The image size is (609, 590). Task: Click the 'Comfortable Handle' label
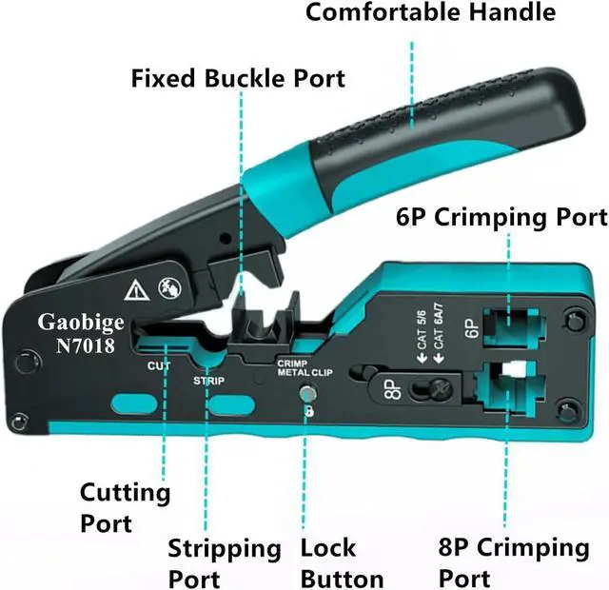coord(430,13)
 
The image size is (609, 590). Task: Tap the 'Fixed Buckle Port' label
coord(238,77)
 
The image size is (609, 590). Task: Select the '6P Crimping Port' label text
coord(501,218)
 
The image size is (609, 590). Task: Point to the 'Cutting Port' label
coord(124,506)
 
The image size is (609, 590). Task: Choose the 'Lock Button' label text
coord(342,562)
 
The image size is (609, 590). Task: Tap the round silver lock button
coord(307,393)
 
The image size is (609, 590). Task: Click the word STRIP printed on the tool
coord(208,380)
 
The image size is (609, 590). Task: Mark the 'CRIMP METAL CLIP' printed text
coord(303,368)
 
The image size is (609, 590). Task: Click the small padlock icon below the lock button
coord(308,413)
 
